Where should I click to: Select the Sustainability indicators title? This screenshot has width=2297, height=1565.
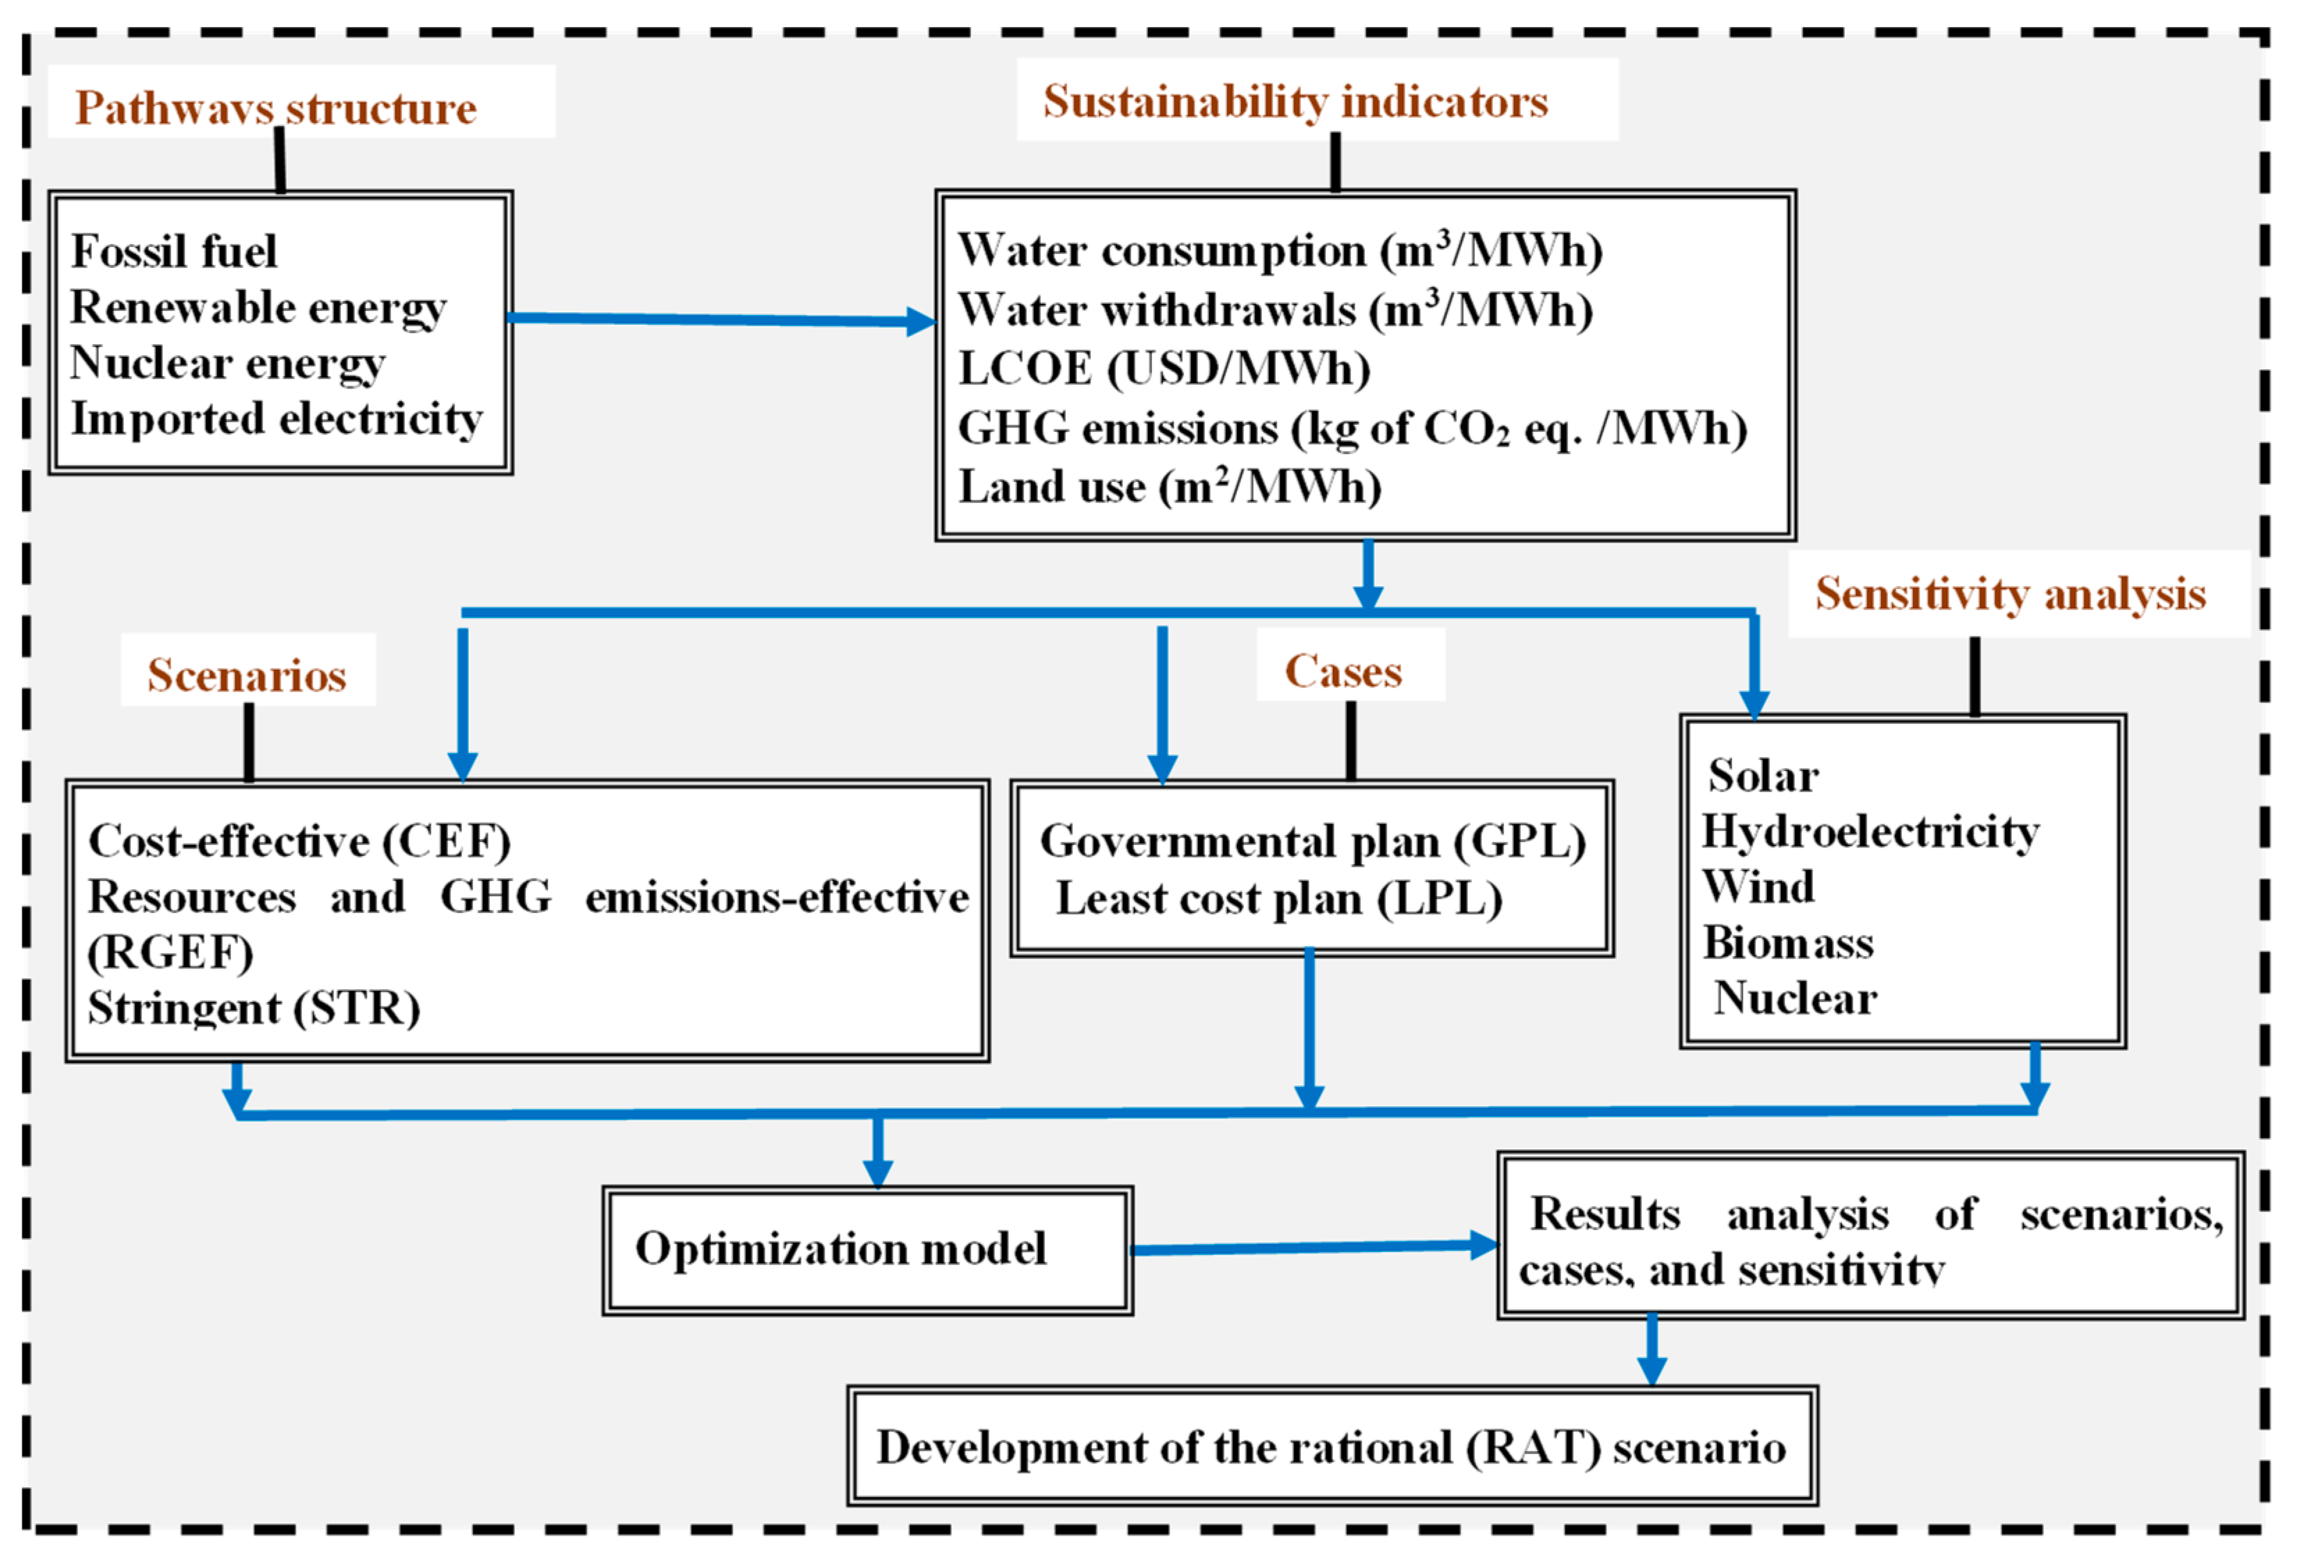pos(1295,102)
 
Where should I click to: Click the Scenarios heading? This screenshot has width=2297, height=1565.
pos(247,676)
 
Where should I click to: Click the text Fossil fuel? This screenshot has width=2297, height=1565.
pos(174,251)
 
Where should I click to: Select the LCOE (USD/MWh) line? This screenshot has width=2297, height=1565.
pos(1163,368)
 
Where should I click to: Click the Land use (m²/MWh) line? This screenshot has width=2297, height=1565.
pos(1169,487)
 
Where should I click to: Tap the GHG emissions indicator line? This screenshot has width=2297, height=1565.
pos(1351,429)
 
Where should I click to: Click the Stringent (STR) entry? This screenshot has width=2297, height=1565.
pos(254,1009)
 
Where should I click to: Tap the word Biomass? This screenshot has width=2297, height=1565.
pos(1787,943)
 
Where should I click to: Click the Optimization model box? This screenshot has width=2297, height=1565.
pos(867,1250)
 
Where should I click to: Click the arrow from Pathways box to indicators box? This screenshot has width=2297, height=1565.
pos(721,319)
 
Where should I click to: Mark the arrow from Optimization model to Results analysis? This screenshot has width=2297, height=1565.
pos(1315,1248)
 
